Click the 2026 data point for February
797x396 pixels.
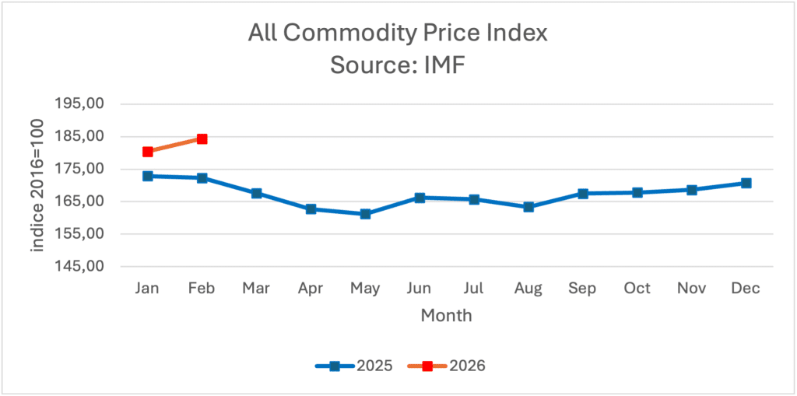pos(202,138)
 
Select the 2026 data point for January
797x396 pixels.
pos(148,152)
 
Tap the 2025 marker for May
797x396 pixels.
pos(365,214)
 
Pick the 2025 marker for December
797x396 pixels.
pos(746,183)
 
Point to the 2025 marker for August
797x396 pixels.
pos(528,207)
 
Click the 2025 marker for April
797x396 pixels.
pos(311,209)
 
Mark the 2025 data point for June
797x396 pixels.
pos(420,198)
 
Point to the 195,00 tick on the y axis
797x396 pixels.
pos(83,103)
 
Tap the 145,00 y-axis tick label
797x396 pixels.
pos(83,266)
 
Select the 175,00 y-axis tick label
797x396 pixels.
pos(83,169)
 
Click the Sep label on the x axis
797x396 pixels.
pos(582,289)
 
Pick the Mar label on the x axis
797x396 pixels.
pos(256,289)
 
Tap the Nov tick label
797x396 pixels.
pos(691,289)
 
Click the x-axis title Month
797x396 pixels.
pos(446,316)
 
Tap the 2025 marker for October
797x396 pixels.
pos(637,192)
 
